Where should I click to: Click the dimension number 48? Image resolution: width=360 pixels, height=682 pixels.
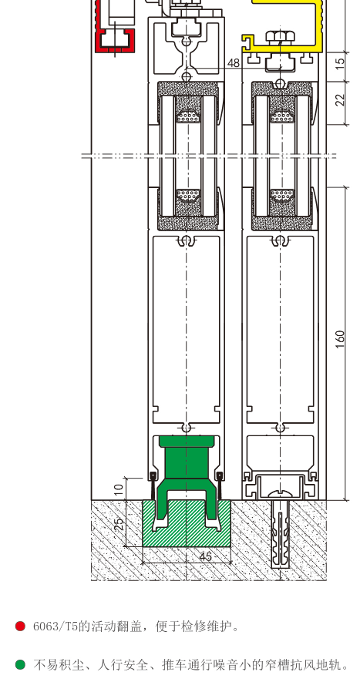(234, 63)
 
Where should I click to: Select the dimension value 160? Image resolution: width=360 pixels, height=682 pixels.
(341, 339)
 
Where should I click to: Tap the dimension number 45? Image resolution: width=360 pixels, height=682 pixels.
(205, 556)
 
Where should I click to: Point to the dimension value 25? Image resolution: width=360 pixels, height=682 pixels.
(119, 523)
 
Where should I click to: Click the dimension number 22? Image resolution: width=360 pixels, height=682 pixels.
(341, 99)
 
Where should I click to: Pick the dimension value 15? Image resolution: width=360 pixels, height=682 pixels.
(341, 62)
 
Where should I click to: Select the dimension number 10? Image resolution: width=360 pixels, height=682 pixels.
(119, 490)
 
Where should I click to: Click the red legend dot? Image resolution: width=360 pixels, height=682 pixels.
(20, 627)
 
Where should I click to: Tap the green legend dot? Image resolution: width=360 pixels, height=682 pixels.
(20, 664)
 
